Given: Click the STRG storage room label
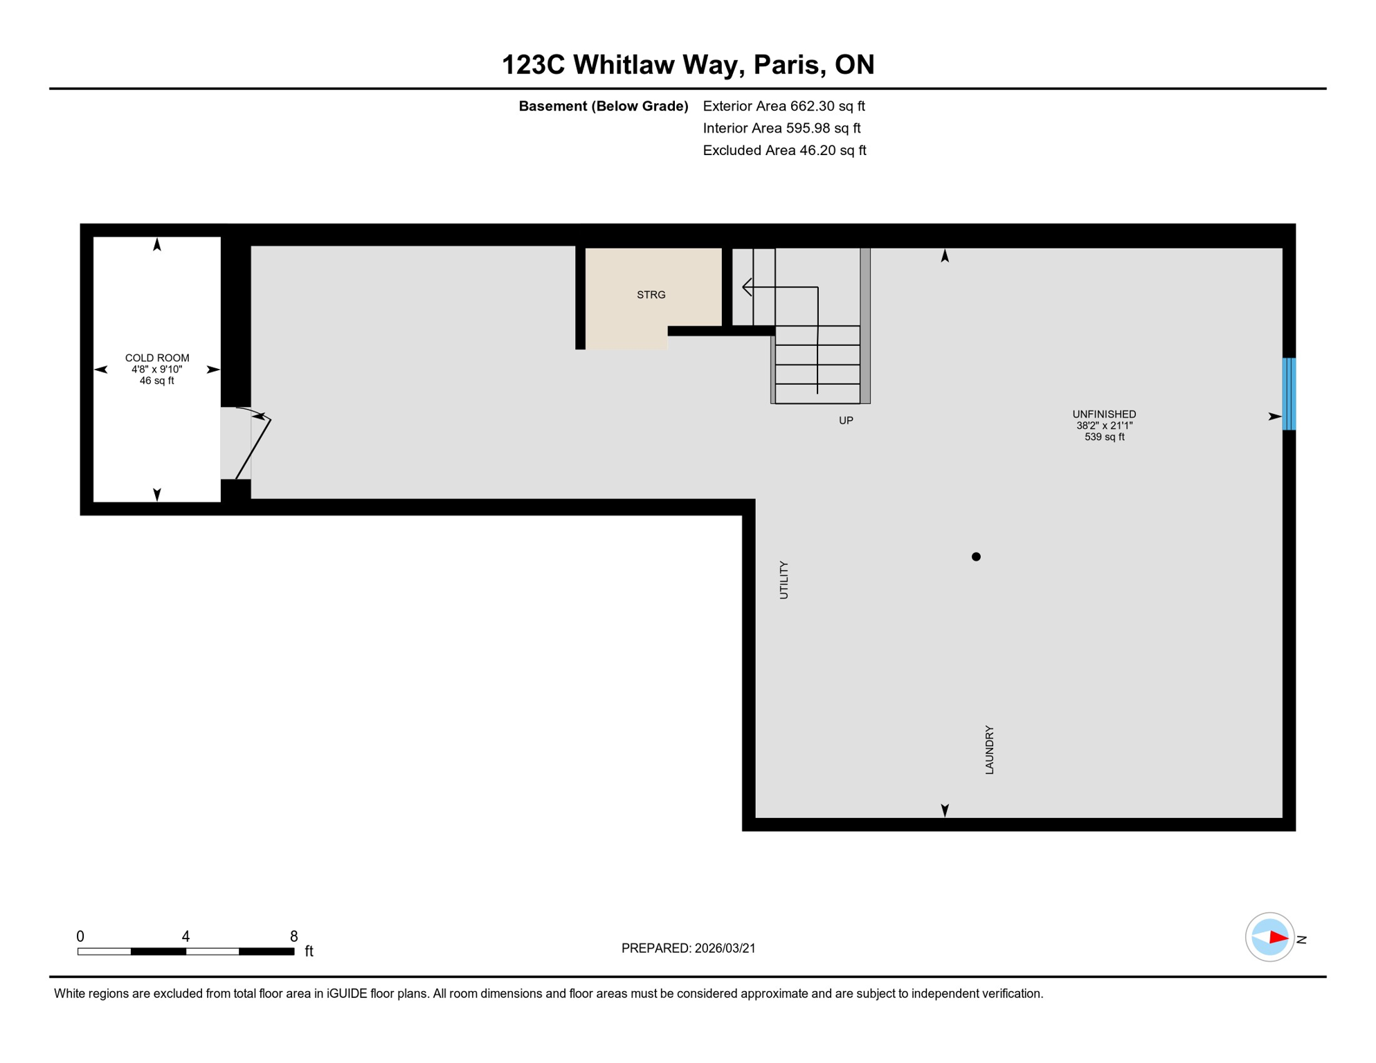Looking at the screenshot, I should click(651, 295).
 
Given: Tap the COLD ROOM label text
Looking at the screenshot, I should click(157, 358).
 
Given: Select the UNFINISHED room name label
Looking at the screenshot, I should click(1104, 414).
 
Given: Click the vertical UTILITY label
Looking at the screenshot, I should click(784, 580).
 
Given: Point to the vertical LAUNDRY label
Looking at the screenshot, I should click(989, 749).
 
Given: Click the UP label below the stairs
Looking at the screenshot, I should click(846, 420).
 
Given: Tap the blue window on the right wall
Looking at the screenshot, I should click(1289, 394).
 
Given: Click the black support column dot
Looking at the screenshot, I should click(976, 556).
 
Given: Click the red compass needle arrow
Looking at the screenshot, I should click(1278, 938).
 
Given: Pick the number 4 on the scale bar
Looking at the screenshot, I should click(185, 936).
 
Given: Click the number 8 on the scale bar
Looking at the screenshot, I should click(293, 936).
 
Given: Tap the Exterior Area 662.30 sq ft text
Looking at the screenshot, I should click(784, 106).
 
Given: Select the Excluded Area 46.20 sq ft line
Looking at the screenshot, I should click(784, 150).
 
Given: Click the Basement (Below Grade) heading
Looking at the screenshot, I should click(603, 106).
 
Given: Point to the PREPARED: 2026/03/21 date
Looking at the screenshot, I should click(688, 948).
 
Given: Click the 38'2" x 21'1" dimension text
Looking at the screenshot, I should click(1104, 426).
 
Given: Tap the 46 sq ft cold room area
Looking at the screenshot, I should click(157, 381).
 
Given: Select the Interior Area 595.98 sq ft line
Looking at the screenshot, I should click(781, 128).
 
